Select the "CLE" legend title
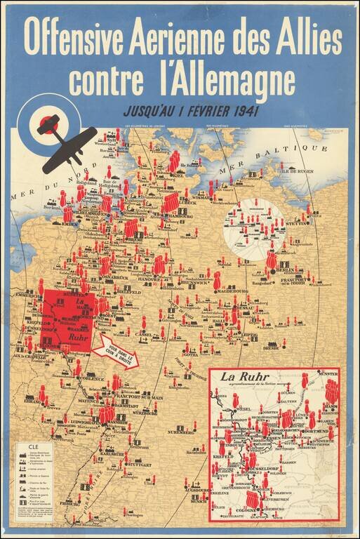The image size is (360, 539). coord(33,446)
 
